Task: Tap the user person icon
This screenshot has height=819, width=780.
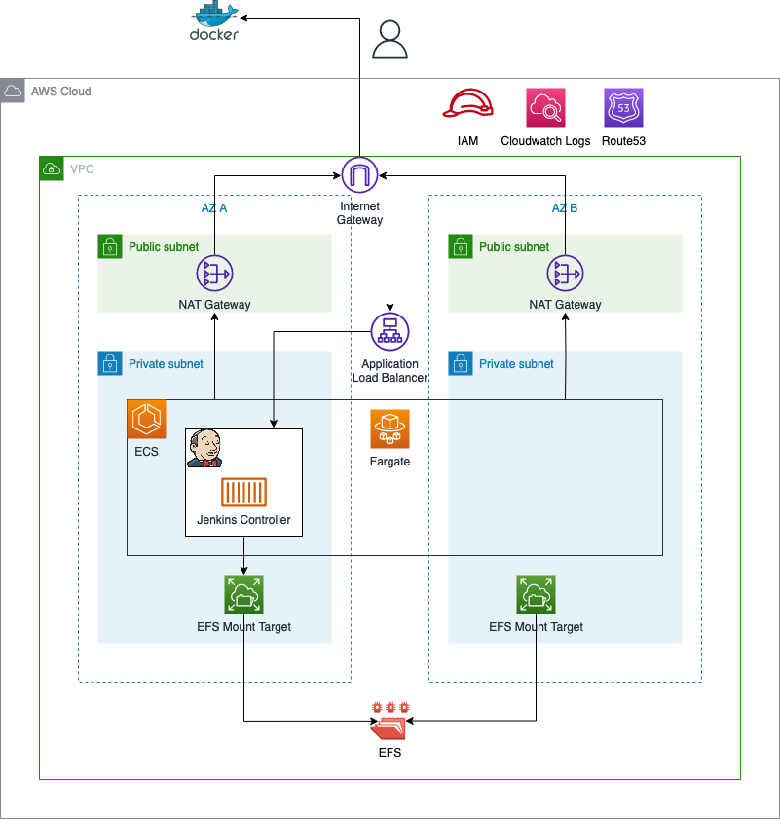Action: (x=390, y=41)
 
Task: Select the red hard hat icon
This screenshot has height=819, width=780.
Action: (x=468, y=103)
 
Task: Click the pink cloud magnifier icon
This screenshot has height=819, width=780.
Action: (x=545, y=107)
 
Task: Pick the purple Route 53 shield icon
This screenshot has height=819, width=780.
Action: (x=623, y=107)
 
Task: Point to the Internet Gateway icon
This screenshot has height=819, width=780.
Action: (x=359, y=175)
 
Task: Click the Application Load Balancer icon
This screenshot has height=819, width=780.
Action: (x=390, y=331)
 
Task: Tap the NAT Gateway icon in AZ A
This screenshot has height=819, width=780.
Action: (x=214, y=274)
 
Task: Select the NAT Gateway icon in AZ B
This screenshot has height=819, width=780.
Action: (x=565, y=274)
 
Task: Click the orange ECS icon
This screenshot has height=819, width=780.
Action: (x=147, y=419)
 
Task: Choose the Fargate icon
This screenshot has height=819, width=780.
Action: (x=390, y=428)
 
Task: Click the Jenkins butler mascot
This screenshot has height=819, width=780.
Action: (x=204, y=448)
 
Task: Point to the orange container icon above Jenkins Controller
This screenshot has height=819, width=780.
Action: (x=243, y=493)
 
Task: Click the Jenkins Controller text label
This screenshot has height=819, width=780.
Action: (x=243, y=520)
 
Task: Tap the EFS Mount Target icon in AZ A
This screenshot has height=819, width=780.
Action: (x=243, y=594)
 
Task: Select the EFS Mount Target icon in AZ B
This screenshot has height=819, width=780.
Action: (x=536, y=594)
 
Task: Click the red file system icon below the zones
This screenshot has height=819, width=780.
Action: (x=390, y=721)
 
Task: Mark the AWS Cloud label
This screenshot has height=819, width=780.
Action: (x=60, y=92)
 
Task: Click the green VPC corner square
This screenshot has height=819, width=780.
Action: (x=52, y=168)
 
